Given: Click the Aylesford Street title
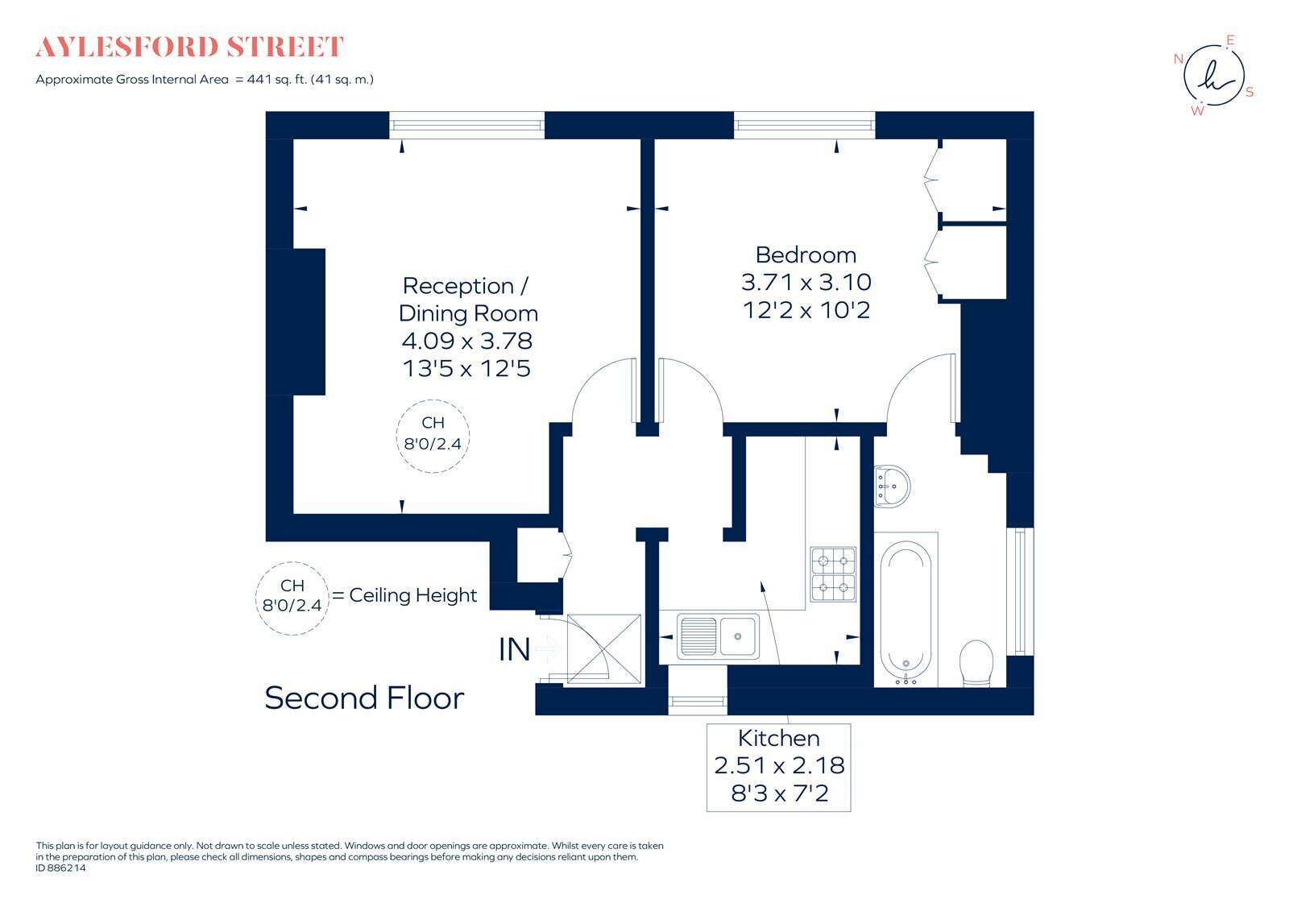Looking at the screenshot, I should (190, 48).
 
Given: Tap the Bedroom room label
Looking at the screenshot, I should (805, 255).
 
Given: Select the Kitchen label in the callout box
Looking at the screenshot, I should (778, 738).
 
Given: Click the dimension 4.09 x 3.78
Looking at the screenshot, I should (467, 341).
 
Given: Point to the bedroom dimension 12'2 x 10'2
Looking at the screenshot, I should (806, 310).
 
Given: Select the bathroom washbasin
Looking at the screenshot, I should (892, 485).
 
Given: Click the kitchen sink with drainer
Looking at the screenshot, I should (717, 636).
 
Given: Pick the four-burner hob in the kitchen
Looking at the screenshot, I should (833, 574).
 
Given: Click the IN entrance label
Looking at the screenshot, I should (514, 649).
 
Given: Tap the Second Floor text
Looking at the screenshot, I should (364, 698).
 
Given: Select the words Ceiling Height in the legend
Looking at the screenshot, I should (412, 595).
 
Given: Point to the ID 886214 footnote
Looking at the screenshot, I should (60, 868).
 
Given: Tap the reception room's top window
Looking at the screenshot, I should (467, 125).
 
